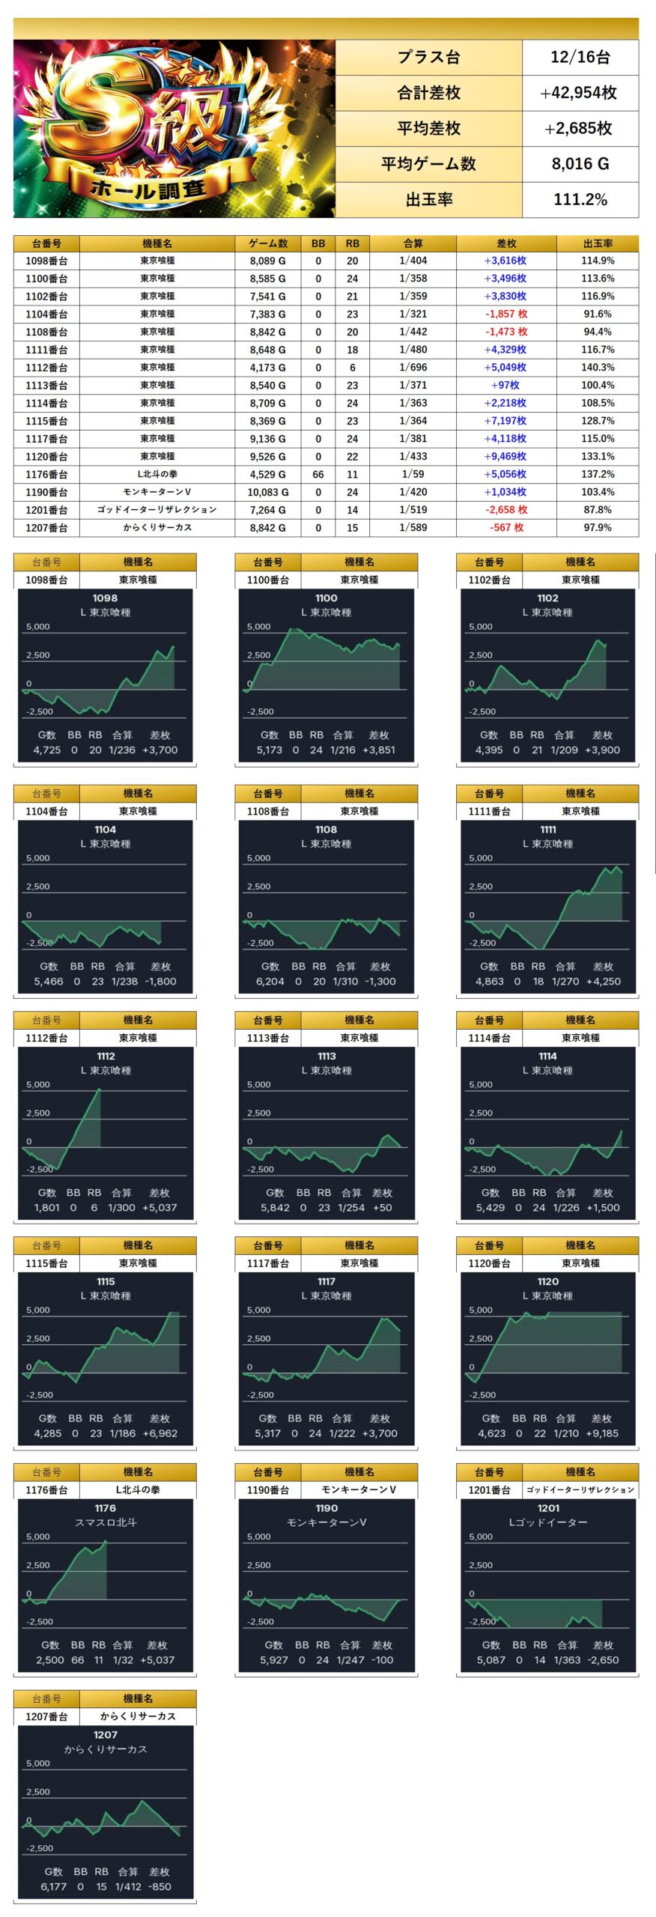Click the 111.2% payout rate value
click(x=580, y=200)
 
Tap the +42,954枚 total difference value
click(x=579, y=93)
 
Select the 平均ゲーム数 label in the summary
click(x=428, y=164)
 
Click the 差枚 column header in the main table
click(x=506, y=243)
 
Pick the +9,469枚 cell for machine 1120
click(x=505, y=457)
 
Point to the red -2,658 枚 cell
click(x=506, y=510)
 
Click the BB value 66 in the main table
click(x=318, y=475)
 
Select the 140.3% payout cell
click(x=598, y=368)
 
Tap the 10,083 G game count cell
click(x=268, y=493)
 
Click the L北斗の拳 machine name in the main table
click(x=157, y=475)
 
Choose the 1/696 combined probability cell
click(x=413, y=368)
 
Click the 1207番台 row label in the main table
click(x=46, y=528)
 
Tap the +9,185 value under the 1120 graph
click(x=602, y=1433)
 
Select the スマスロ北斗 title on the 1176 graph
click(x=106, y=1522)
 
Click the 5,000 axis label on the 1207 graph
click(x=38, y=1763)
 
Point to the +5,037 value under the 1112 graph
click(x=159, y=1208)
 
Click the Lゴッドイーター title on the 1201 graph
click(x=548, y=1522)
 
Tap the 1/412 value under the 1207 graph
click(x=128, y=1887)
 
